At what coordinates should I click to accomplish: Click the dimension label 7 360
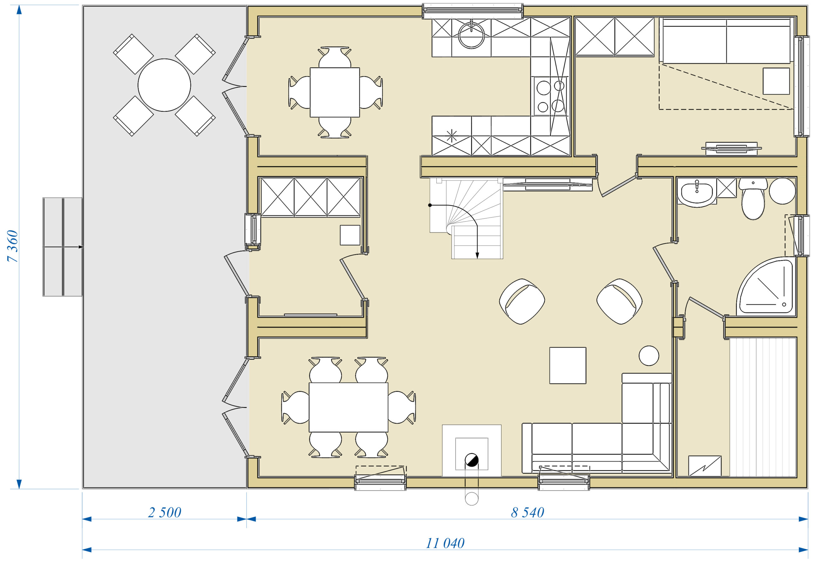click(x=12, y=246)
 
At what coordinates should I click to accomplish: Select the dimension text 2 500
click(x=164, y=513)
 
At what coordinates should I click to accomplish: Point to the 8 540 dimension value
click(x=527, y=513)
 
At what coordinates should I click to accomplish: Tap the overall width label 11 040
click(x=445, y=543)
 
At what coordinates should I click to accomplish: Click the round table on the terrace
click(x=164, y=85)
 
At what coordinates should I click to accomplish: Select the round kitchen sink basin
click(x=471, y=35)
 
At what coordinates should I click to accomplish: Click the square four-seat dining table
click(x=335, y=92)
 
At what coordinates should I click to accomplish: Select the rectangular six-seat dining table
click(x=348, y=407)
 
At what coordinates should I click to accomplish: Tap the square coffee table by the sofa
click(x=568, y=366)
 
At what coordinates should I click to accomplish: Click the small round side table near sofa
click(x=649, y=355)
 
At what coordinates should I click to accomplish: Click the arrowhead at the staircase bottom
click(x=477, y=256)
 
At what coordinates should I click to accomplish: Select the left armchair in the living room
click(x=522, y=301)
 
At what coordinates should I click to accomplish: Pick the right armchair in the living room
click(x=619, y=301)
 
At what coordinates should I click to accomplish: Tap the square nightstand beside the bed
click(x=776, y=81)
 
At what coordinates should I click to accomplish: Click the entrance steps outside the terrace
click(x=63, y=247)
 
